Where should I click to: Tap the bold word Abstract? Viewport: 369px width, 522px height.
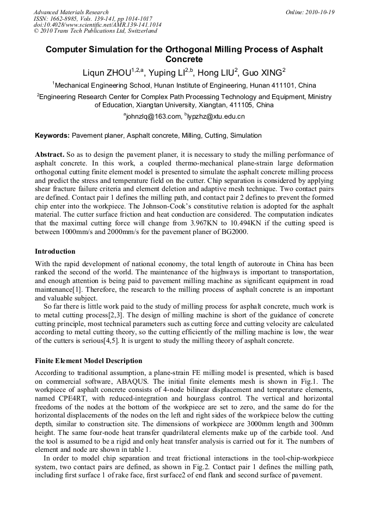click(x=50, y=155)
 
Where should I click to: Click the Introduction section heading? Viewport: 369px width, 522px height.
click(x=55, y=251)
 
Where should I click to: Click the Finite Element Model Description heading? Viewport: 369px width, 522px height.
click(x=89, y=361)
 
